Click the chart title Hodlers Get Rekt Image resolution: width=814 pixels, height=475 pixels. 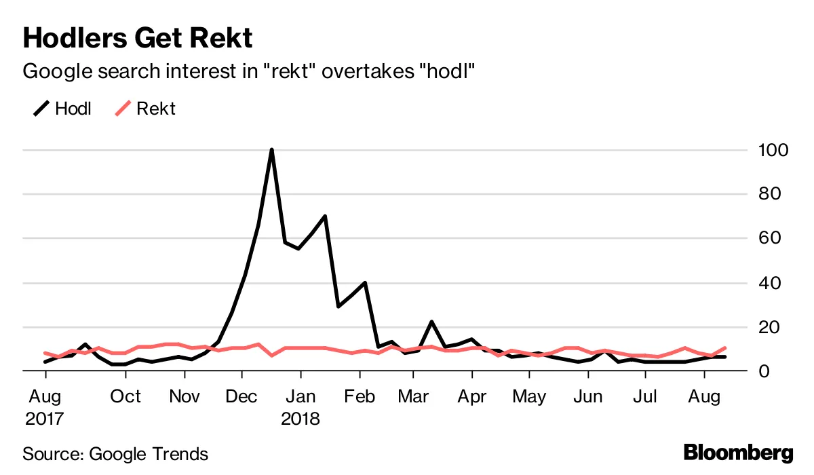(138, 38)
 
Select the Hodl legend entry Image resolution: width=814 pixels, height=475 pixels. (63, 109)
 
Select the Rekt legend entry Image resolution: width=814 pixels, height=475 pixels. (145, 109)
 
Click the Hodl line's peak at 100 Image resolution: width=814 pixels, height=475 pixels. (271, 150)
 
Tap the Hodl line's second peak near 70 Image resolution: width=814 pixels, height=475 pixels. (325, 216)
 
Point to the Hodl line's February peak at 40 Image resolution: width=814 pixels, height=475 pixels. (365, 283)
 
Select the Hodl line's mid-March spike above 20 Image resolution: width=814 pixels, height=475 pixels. (431, 322)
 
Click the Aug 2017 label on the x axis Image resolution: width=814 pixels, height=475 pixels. (45, 406)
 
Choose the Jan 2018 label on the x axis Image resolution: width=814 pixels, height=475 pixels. (299, 406)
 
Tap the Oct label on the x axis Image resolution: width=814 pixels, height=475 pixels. (125, 396)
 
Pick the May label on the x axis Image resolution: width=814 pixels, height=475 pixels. (529, 396)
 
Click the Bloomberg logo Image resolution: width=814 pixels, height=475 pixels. (737, 453)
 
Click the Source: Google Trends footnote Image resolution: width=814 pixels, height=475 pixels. (115, 453)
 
